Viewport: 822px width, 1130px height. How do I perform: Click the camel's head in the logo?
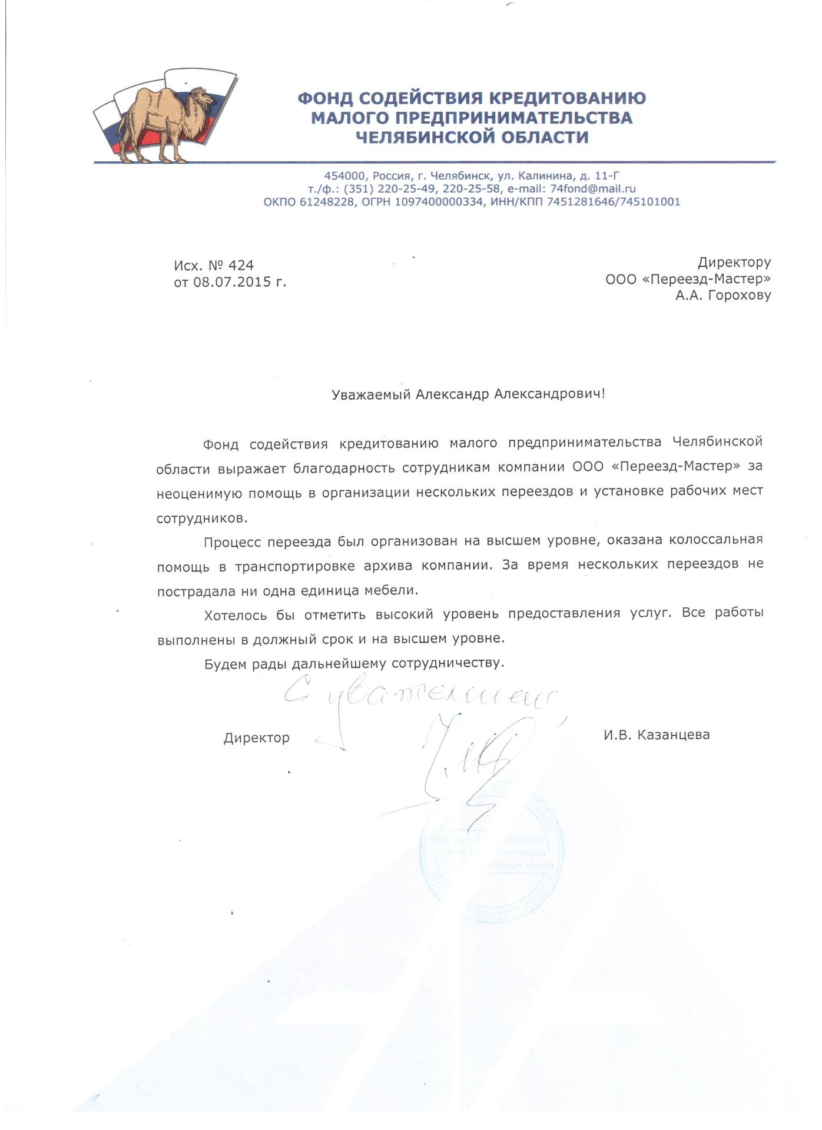(200, 95)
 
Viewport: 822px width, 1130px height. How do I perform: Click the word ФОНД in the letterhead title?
(326, 98)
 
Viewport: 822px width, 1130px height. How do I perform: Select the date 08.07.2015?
(231, 282)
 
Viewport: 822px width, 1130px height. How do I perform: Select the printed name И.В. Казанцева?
(656, 734)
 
